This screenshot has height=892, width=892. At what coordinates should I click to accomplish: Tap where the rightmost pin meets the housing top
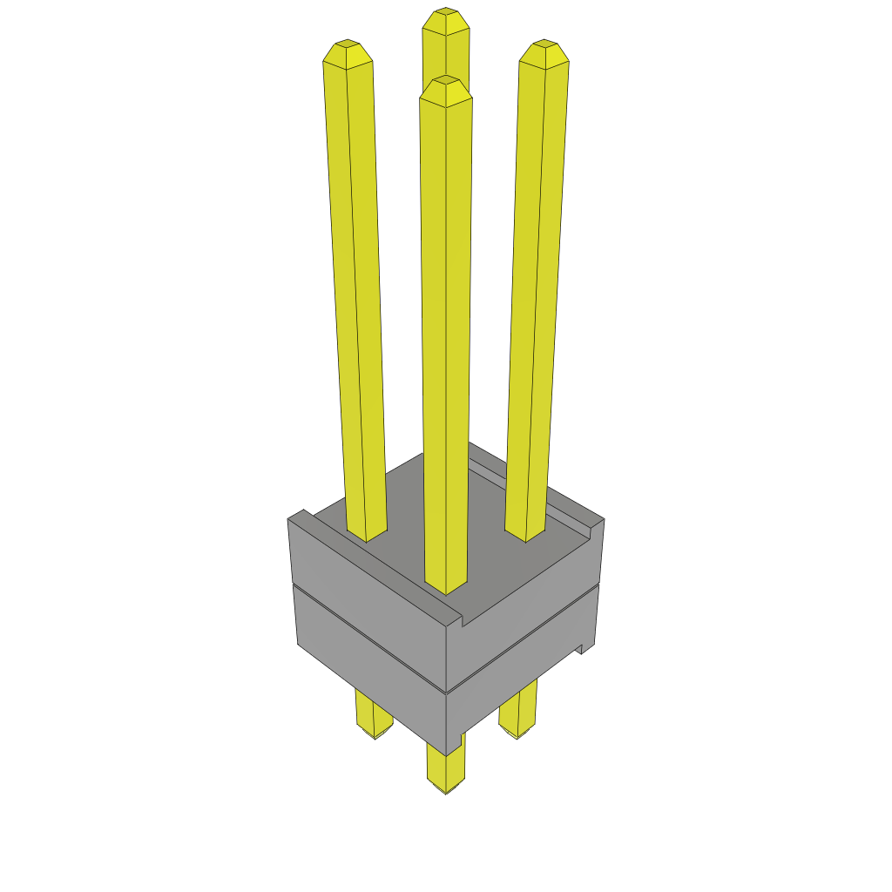tap(525, 532)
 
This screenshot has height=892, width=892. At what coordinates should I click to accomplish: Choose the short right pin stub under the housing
tap(518, 714)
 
